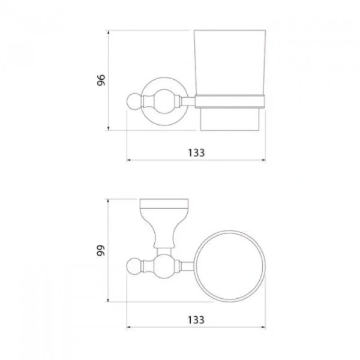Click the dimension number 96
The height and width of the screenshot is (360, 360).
click(x=101, y=80)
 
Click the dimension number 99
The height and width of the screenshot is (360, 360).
click(x=101, y=250)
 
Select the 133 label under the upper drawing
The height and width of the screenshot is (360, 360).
click(x=196, y=152)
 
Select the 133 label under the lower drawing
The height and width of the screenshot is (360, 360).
click(x=196, y=320)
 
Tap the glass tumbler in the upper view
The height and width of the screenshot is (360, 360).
click(x=230, y=62)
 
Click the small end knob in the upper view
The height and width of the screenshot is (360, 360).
click(x=134, y=101)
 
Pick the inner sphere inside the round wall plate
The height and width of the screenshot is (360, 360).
click(x=164, y=101)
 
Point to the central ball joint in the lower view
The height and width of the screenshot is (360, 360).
click(x=164, y=266)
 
